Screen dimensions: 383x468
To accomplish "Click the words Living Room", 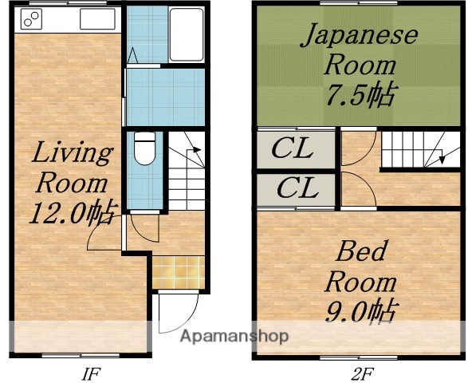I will point(70,168).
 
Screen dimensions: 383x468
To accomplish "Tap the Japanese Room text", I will point(358,49).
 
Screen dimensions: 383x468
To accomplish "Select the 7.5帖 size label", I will point(359,95).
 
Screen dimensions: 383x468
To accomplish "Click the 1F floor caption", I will point(89,372).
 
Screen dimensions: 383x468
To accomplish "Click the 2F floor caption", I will point(360,372).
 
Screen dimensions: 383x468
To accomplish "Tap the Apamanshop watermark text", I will point(234,337).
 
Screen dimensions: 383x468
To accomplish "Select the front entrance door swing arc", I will point(177,313).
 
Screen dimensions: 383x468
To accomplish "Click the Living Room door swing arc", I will point(104,234).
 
